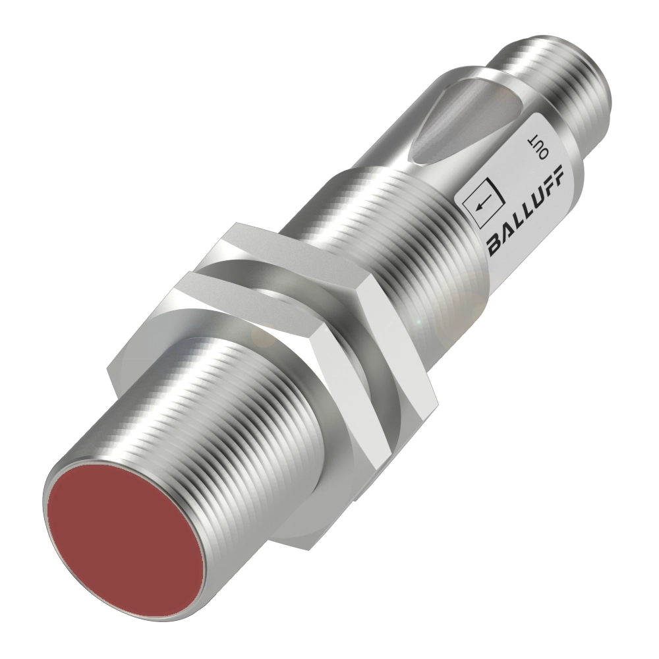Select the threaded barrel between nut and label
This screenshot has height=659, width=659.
point(395,217)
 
